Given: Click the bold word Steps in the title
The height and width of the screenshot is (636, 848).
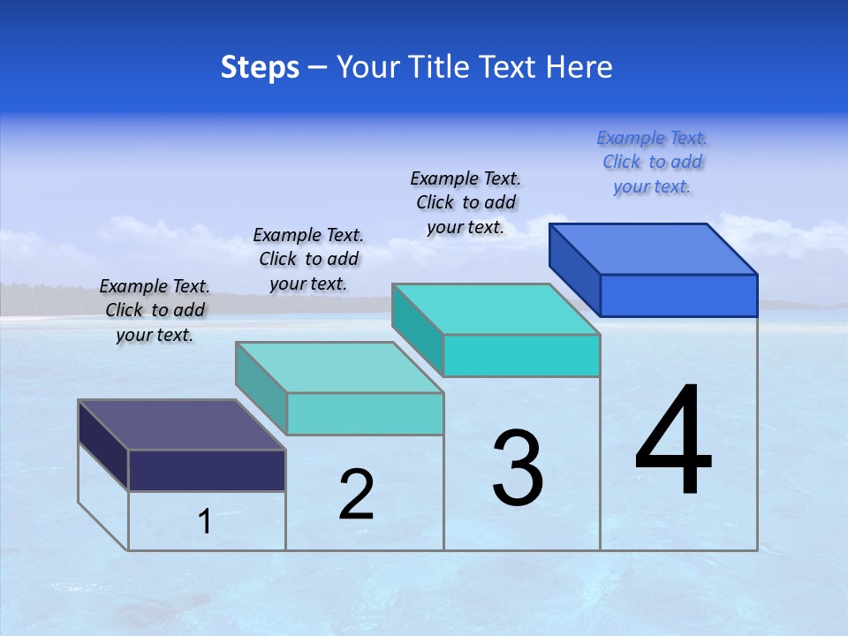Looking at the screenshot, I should (x=260, y=67).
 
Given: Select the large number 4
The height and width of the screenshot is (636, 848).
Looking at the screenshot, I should (x=673, y=442).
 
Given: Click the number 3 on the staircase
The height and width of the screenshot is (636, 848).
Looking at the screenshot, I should (x=518, y=468).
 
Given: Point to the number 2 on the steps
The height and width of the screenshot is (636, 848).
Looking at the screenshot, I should (x=357, y=495).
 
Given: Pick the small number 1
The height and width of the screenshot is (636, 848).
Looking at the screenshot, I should (x=205, y=522).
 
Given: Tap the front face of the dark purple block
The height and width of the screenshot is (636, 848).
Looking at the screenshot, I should (x=207, y=470).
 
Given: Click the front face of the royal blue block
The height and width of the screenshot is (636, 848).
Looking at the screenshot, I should (x=678, y=295).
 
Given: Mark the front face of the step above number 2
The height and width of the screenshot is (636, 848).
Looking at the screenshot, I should (x=365, y=413).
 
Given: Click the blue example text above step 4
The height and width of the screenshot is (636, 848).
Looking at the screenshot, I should (x=652, y=163).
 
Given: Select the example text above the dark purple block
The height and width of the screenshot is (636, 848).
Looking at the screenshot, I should (x=155, y=310).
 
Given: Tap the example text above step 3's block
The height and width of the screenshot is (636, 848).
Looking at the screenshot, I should (x=466, y=202).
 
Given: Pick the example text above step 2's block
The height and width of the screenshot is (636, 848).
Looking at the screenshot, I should (x=308, y=259).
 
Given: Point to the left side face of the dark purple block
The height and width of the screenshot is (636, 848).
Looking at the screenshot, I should (x=103, y=444).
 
